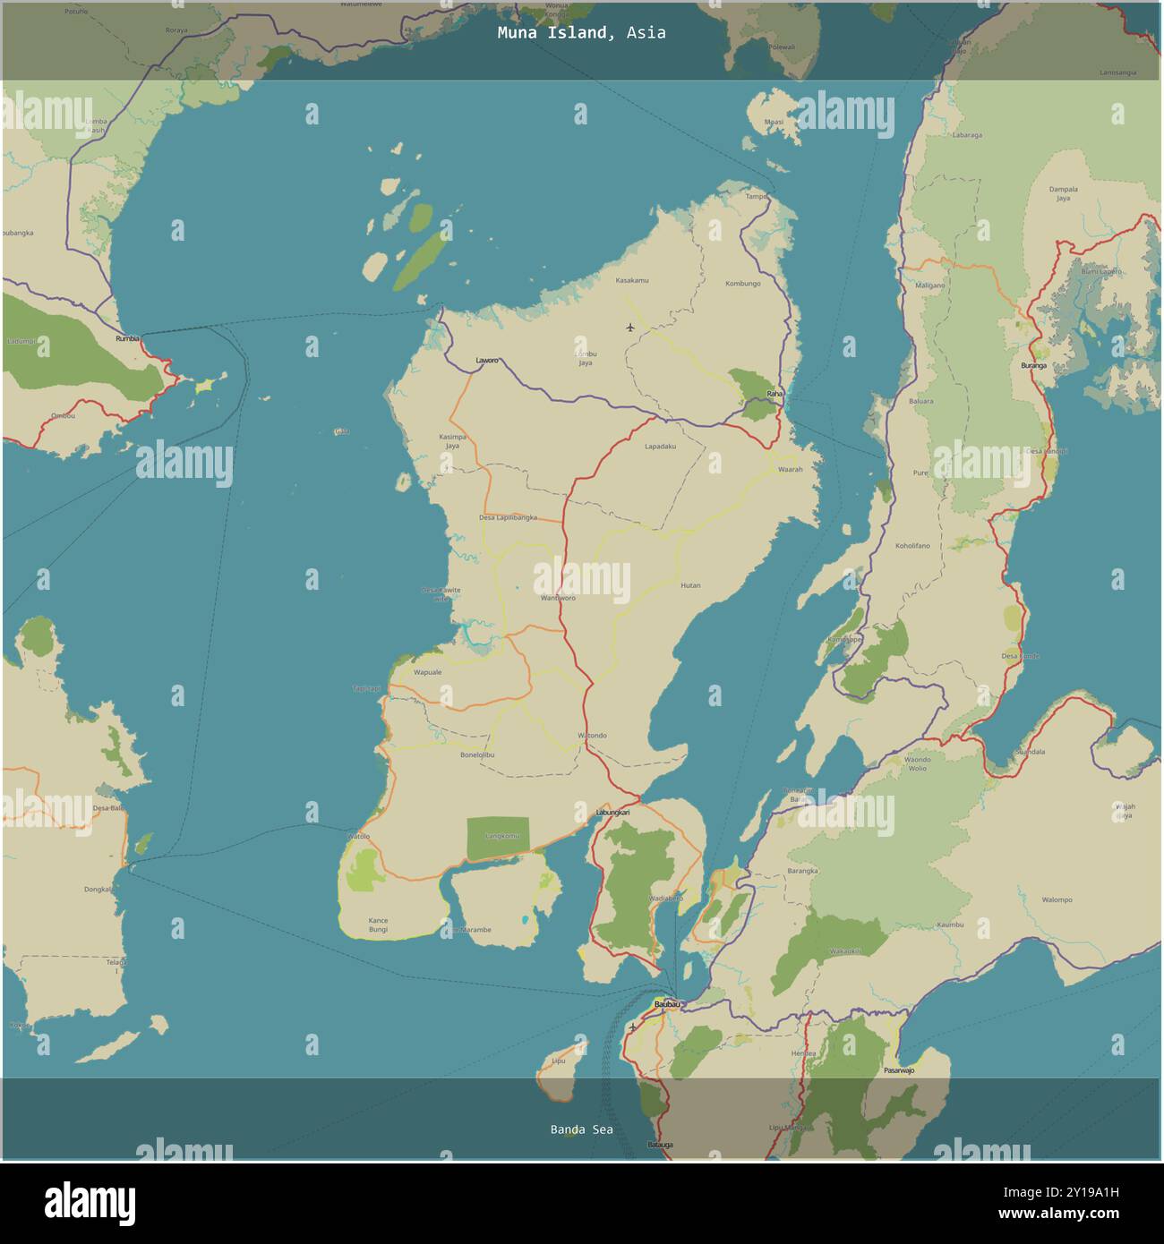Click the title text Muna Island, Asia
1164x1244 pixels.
(581, 33)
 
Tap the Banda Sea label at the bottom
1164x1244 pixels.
(581, 1129)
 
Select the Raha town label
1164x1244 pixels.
(775, 393)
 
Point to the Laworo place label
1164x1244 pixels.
(487, 361)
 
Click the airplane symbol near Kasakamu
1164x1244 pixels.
(631, 327)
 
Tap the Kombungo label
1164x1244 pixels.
(742, 284)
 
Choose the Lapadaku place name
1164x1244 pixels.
(660, 446)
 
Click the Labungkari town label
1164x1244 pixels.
(612, 813)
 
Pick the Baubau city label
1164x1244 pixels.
(667, 1004)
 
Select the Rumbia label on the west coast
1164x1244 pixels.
(127, 339)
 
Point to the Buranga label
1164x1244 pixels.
(1033, 365)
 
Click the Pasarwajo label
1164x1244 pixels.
(899, 1070)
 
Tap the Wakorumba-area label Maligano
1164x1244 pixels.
(930, 285)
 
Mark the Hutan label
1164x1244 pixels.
(690, 585)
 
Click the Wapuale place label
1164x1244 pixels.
(427, 672)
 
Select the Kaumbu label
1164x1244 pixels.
(950, 924)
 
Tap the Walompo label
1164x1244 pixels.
(1057, 899)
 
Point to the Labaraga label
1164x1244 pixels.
(967, 135)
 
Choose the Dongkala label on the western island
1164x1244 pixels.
(98, 890)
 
